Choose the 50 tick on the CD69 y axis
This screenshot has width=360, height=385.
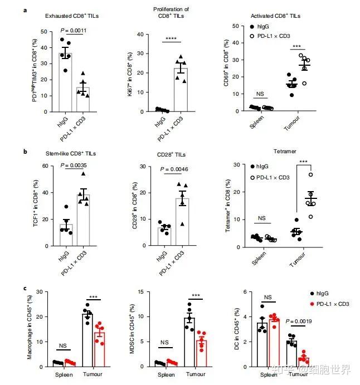(x=235, y=26)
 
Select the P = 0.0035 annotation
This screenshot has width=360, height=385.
(x=75, y=165)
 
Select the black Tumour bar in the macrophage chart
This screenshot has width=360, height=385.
(x=87, y=340)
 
